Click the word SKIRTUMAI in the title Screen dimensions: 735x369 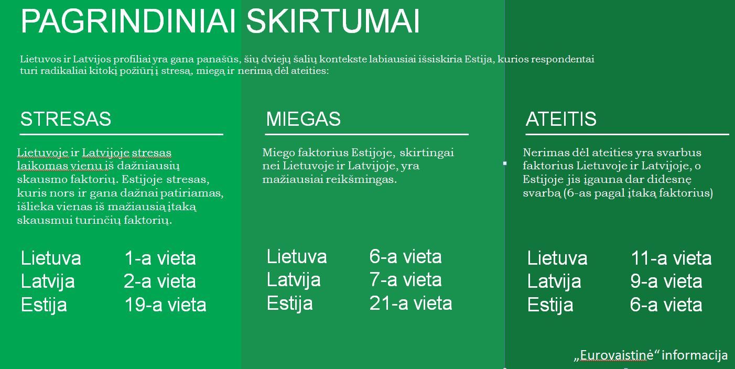333,21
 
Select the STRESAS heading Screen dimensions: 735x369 66,119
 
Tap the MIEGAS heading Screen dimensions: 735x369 303,119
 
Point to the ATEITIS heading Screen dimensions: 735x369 561,119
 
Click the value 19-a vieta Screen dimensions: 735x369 165,305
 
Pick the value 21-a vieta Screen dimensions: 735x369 410,303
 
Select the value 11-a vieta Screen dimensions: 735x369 671,258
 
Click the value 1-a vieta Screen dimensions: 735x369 160,258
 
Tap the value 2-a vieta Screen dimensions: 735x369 160,281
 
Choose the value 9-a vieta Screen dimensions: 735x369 666,281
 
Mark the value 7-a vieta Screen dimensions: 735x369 406,280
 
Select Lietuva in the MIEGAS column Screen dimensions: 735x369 297,256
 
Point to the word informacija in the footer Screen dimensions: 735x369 695,355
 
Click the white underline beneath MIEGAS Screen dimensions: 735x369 366,134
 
